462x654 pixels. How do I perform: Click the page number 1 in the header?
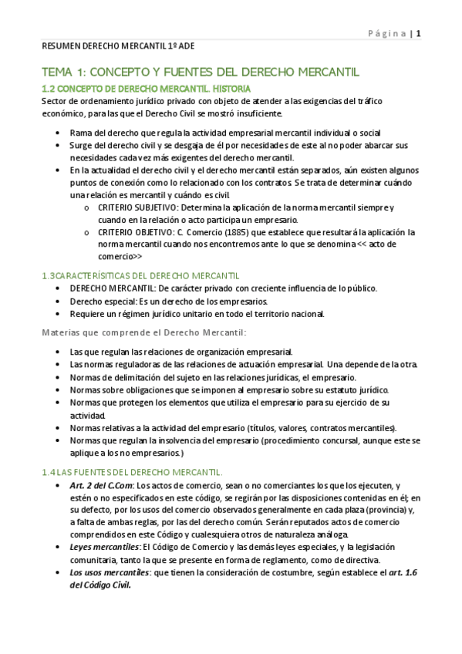pyautogui.click(x=419, y=33)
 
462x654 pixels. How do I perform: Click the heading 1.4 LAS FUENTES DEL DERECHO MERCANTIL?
pyautogui.click(x=132, y=471)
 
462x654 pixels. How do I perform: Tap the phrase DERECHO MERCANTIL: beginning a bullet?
pyautogui.click(x=110, y=288)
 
